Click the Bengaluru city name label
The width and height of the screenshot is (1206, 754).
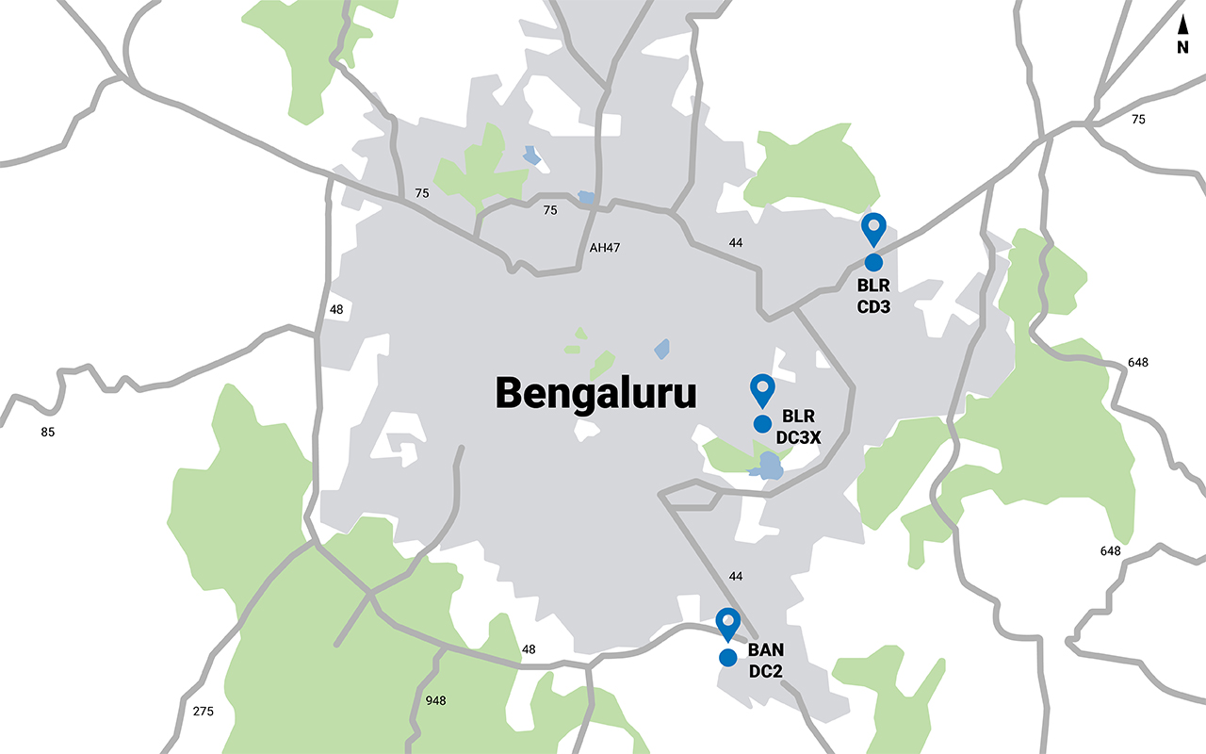(x=596, y=393)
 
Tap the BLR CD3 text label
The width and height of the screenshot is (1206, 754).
(x=873, y=295)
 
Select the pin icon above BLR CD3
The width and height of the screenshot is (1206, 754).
(x=874, y=228)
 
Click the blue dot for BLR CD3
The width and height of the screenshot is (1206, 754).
(x=872, y=262)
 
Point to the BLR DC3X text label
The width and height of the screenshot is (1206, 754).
(x=800, y=426)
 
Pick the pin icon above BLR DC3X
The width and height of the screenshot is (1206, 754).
(x=761, y=388)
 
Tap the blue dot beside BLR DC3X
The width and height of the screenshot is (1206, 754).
(x=762, y=423)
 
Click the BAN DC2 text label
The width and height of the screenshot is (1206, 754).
(x=766, y=661)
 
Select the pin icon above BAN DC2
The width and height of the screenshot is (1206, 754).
(x=728, y=623)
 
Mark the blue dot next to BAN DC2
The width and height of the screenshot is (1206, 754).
(x=727, y=658)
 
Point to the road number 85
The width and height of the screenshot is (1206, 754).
(x=48, y=433)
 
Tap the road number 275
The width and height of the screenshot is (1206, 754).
(x=203, y=711)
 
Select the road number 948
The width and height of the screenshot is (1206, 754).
(x=435, y=700)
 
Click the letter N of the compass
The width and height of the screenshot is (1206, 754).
(x=1182, y=47)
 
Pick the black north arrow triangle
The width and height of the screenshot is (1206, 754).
(x=1182, y=25)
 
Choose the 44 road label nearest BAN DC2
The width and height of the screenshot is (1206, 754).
(x=737, y=576)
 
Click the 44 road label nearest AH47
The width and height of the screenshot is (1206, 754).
(x=737, y=243)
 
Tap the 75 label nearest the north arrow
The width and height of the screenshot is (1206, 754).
(x=1138, y=120)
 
